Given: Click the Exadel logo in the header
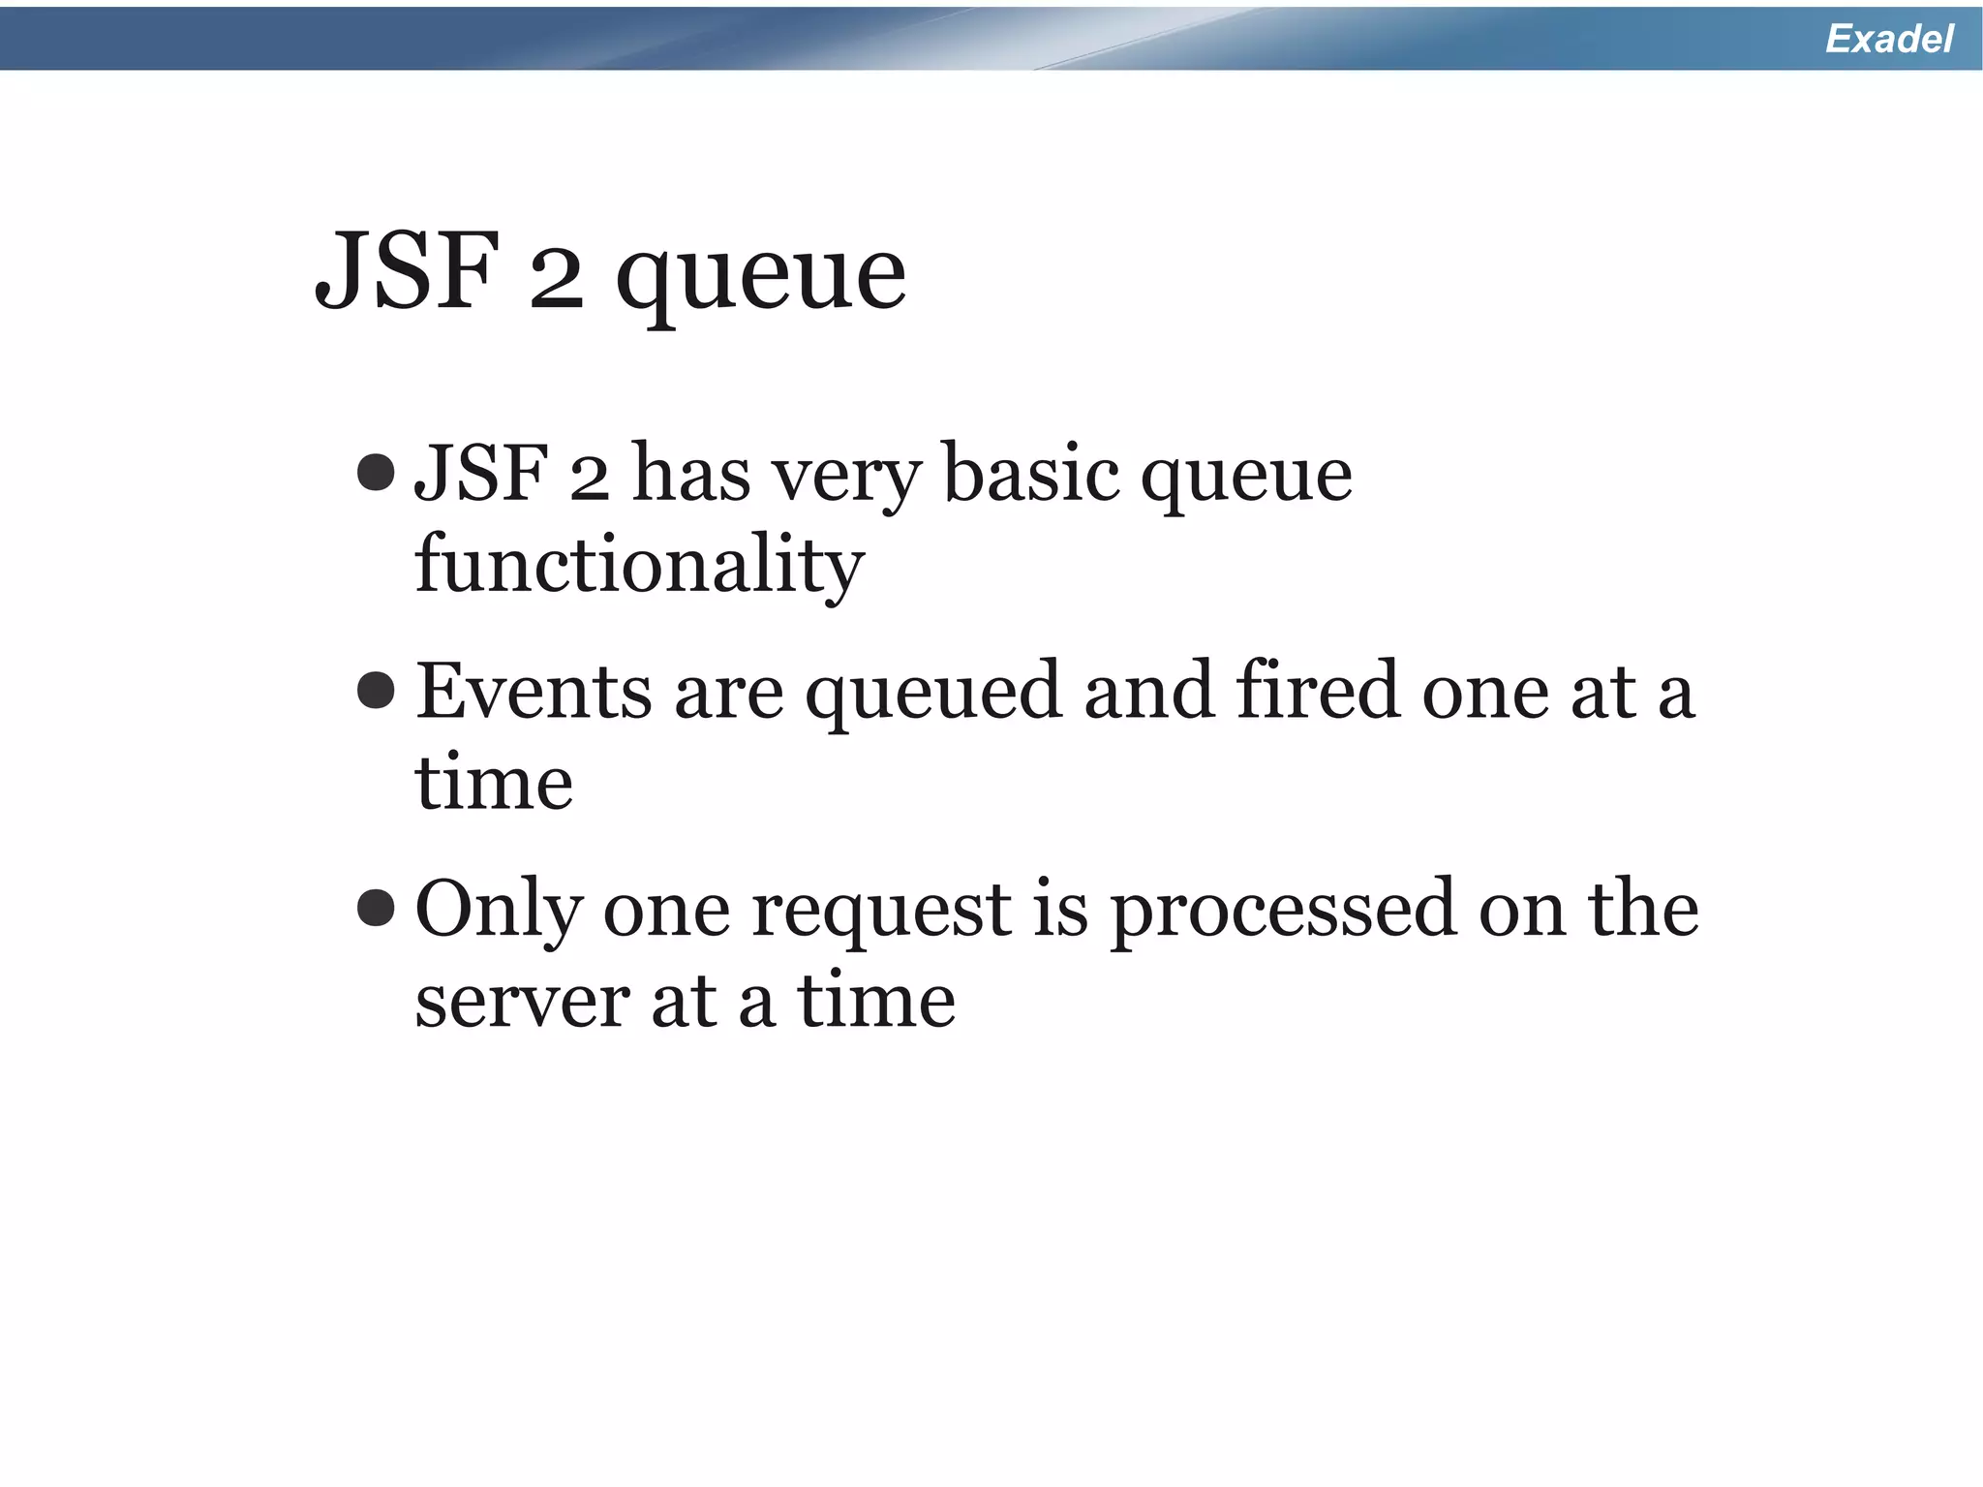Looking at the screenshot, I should click(x=1888, y=39).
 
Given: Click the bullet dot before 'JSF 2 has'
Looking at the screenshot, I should click(x=376, y=473).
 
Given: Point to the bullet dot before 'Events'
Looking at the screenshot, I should click(x=376, y=691).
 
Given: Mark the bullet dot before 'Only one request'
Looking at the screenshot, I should click(x=376, y=908).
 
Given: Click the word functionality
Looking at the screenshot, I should click(x=639, y=565).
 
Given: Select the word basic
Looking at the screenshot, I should click(x=1030, y=475).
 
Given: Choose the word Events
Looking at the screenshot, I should click(x=534, y=692).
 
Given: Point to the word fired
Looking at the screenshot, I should click(x=1318, y=690).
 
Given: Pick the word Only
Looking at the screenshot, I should click(x=499, y=911).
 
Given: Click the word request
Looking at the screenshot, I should click(x=881, y=913).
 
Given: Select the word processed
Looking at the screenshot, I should click(x=1283, y=913).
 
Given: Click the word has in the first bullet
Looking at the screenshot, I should click(x=691, y=475).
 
